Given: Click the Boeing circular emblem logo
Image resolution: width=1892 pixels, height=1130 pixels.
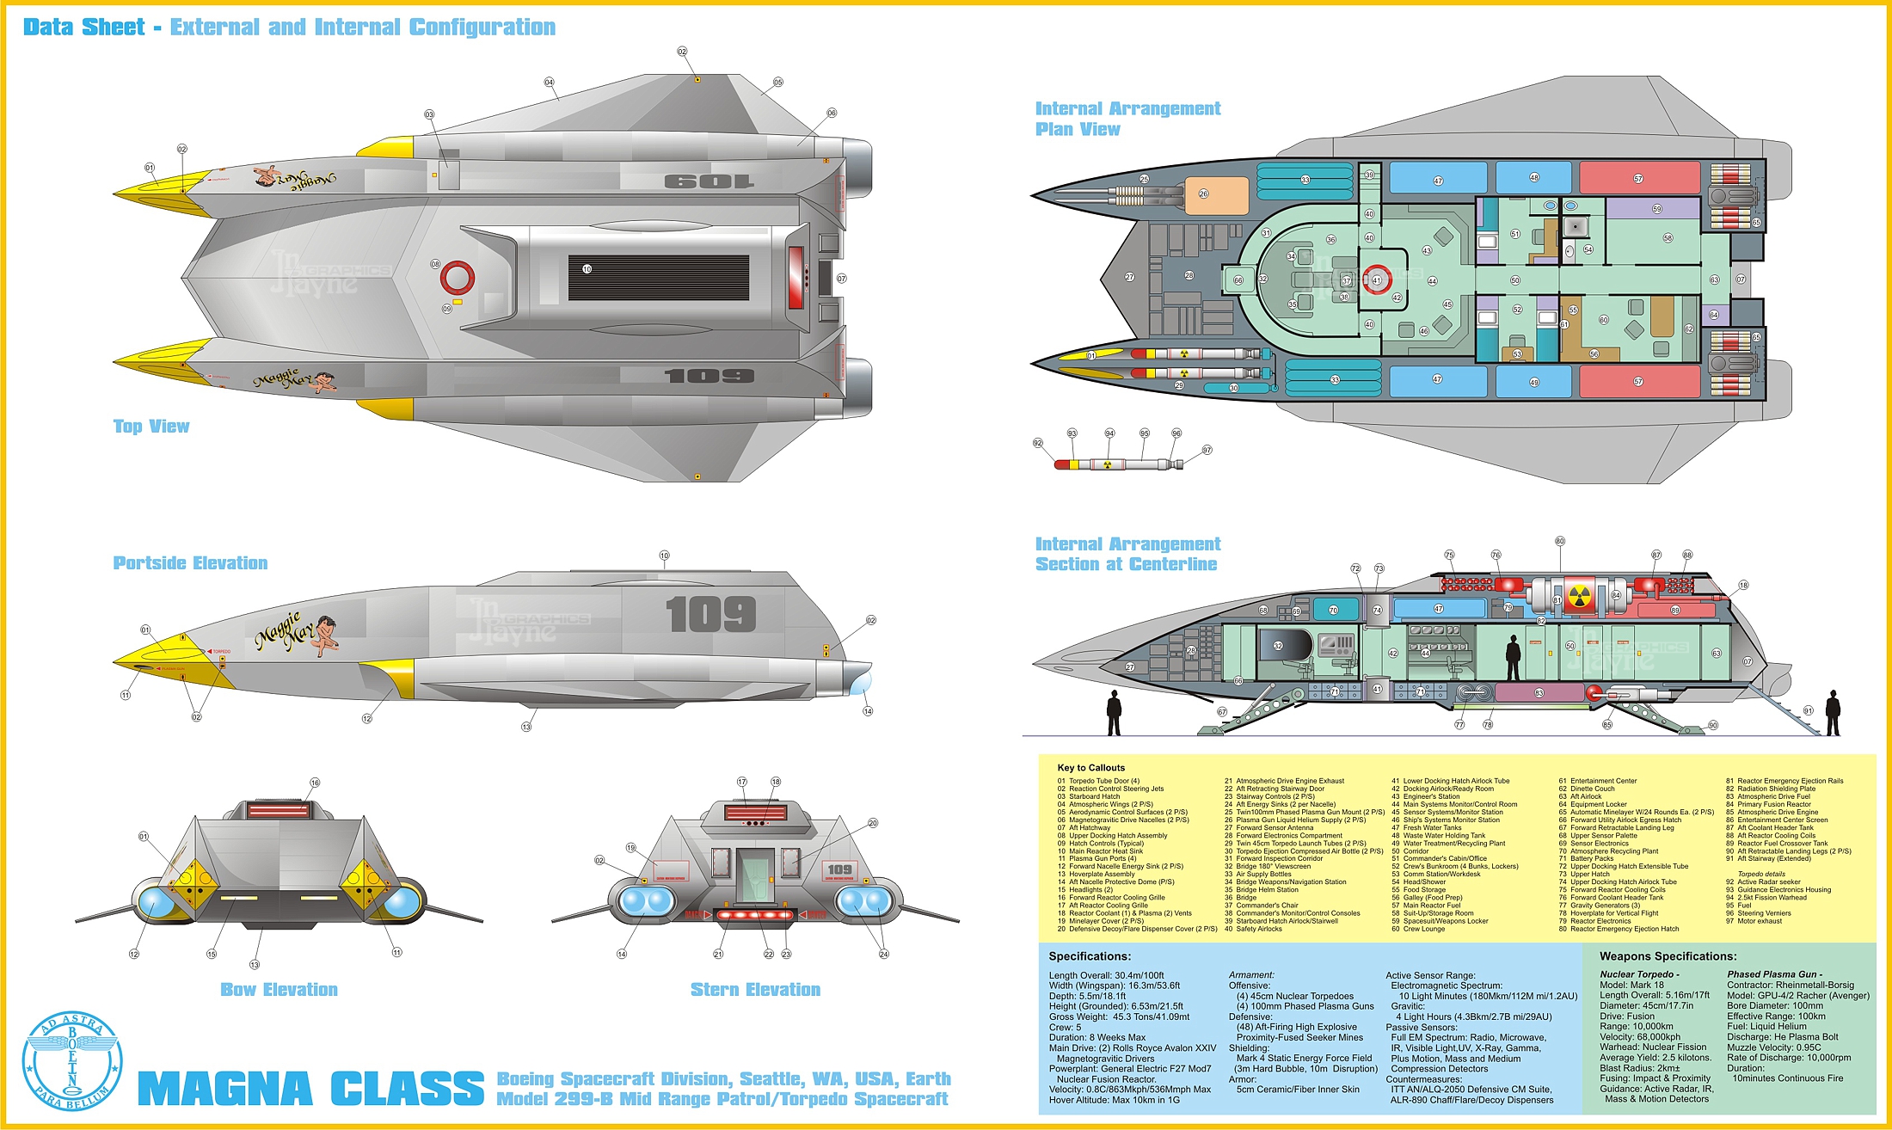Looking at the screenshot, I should coord(72,1061).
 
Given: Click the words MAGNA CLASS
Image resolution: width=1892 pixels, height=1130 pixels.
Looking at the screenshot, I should coord(310,1089).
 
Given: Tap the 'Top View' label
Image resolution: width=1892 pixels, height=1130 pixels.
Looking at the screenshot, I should coord(151,427).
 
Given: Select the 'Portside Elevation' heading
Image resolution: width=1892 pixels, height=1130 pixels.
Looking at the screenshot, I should coord(190,563).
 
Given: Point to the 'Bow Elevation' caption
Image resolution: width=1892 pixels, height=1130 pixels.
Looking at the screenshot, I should coord(279,990).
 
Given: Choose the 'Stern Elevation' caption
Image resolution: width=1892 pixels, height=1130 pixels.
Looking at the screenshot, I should coord(755,990).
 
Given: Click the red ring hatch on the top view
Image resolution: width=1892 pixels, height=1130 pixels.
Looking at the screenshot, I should coord(458,277).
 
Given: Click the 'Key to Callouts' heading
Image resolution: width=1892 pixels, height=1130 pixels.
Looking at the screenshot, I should coord(1090,768).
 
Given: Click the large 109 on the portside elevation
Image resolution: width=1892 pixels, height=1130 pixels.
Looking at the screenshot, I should coord(710,615).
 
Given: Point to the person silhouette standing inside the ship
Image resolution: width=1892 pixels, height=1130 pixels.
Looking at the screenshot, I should coord(1513,658).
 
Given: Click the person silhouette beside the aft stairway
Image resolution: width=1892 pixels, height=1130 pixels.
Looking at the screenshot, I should coord(1833,713).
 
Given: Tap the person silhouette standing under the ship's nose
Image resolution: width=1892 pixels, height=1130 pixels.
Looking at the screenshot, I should coord(1114,714).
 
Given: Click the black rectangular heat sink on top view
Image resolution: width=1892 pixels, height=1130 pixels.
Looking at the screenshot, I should coord(658,277).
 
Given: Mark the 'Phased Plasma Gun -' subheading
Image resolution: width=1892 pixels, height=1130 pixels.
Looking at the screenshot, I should coord(1774,974).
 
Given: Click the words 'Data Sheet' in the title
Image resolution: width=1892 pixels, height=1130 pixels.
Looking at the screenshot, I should coord(84,28).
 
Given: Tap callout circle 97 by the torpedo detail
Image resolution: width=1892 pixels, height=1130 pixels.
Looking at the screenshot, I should coord(1207,450).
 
